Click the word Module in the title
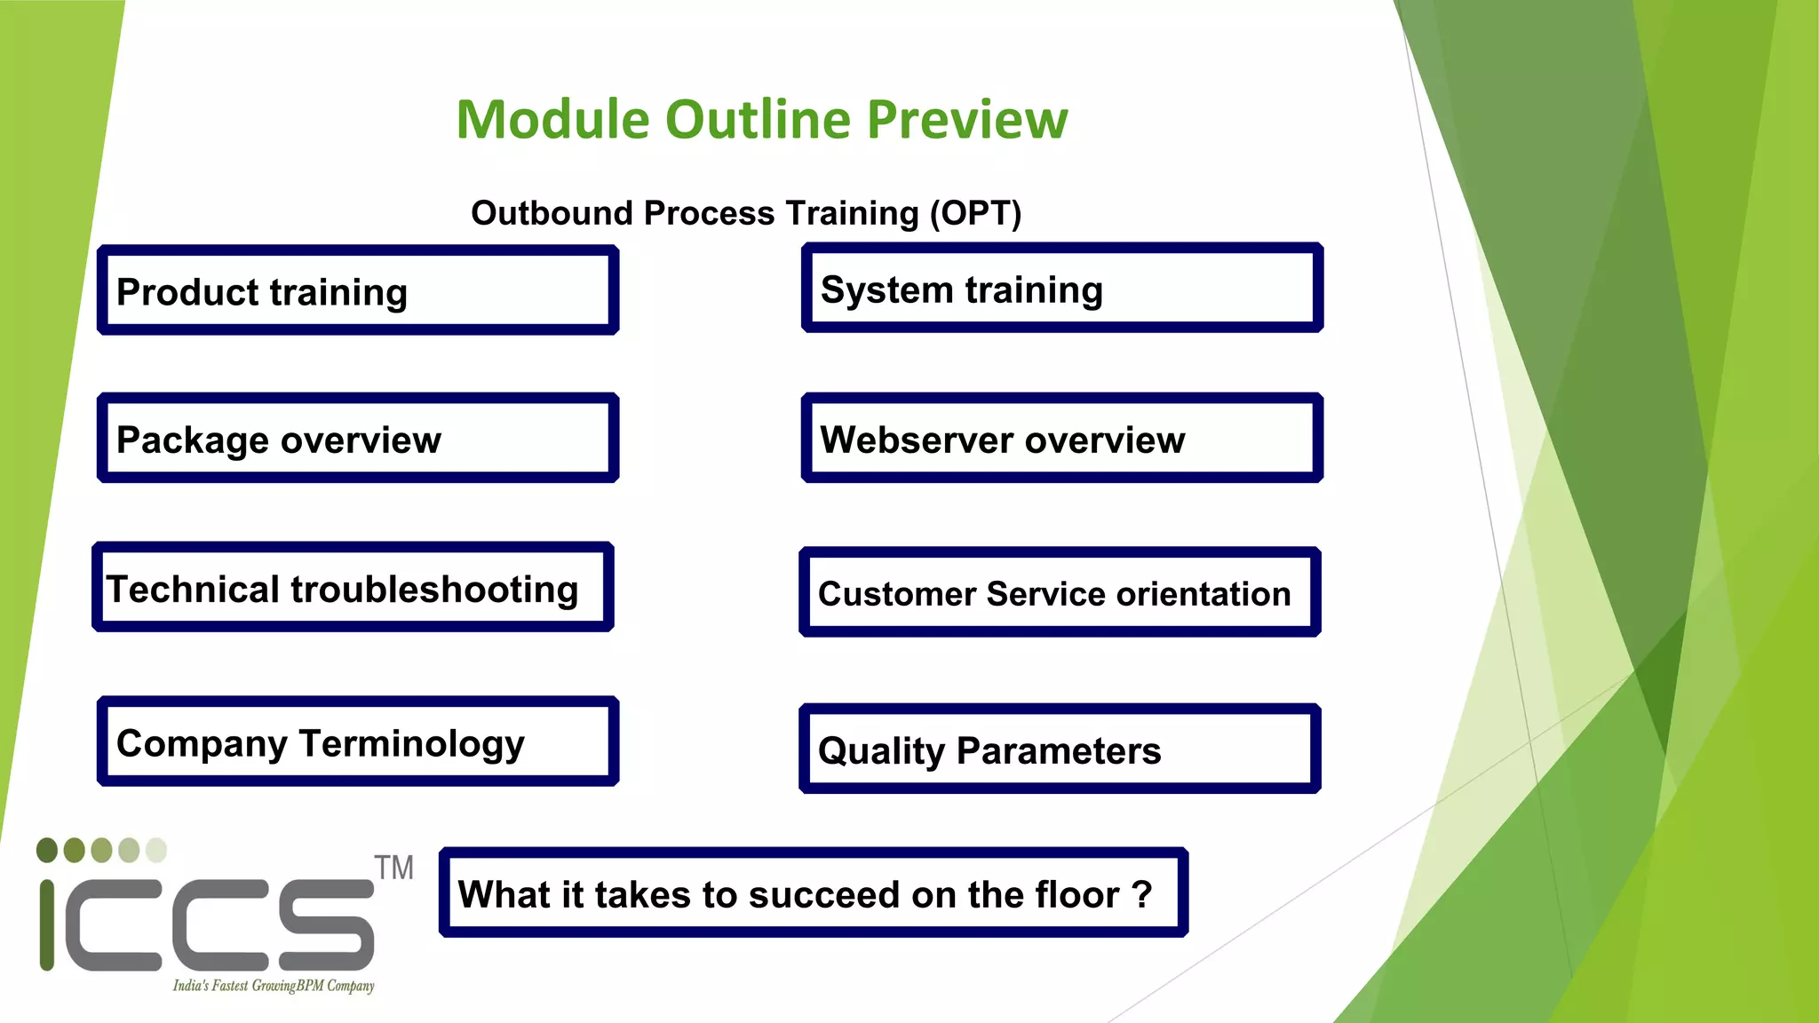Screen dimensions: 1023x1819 [552, 120]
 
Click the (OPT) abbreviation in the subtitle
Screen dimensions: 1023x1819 [975, 213]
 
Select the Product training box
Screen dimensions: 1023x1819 [357, 290]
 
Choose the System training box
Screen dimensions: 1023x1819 [1061, 289]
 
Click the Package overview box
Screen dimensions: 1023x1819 [357, 439]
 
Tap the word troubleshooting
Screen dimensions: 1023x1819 [434, 590]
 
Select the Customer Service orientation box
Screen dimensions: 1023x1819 [1059, 592]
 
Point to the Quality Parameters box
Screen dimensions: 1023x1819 [1059, 749]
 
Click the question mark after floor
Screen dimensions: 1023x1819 [1142, 894]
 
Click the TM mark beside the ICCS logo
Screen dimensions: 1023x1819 [393, 868]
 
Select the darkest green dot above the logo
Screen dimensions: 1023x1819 [47, 850]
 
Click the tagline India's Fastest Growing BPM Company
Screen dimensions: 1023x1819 [273, 986]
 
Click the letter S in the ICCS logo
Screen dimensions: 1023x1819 [326, 924]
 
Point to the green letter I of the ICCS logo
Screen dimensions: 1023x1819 [47, 924]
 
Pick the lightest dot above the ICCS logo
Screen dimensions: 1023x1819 [156, 850]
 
